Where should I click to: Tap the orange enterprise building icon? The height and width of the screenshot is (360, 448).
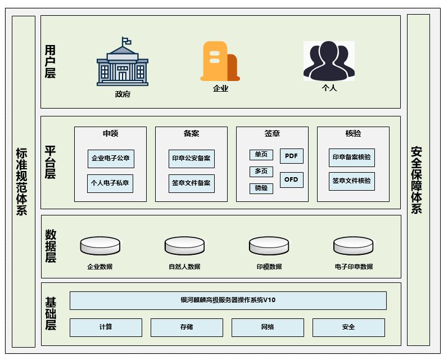[220, 61]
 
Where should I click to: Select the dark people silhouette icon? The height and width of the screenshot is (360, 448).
[329, 61]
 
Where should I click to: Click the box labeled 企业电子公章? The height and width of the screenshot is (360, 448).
[111, 159]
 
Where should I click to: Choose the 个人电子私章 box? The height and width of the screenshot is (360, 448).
[110, 183]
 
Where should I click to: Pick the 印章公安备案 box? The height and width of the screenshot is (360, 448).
[191, 159]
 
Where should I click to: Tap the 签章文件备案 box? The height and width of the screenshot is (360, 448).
[191, 183]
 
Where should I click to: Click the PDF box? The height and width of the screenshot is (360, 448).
[291, 156]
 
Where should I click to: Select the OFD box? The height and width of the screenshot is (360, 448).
[291, 180]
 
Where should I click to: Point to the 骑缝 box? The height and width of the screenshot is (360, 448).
[261, 188]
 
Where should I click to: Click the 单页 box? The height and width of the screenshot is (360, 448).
[261, 155]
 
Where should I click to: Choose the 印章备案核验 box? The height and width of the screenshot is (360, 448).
[351, 157]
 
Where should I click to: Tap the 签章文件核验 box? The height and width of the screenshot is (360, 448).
[351, 181]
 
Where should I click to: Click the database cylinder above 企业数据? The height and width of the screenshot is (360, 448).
[100, 246]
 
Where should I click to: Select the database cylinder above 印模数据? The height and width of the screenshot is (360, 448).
[269, 246]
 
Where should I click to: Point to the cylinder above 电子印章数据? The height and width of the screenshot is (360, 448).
[353, 246]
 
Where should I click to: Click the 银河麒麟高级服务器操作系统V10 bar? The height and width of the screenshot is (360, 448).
[228, 300]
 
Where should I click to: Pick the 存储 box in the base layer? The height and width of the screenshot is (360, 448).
[187, 327]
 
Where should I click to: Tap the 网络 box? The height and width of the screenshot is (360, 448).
[268, 327]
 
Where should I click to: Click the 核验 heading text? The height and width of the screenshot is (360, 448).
[353, 134]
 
